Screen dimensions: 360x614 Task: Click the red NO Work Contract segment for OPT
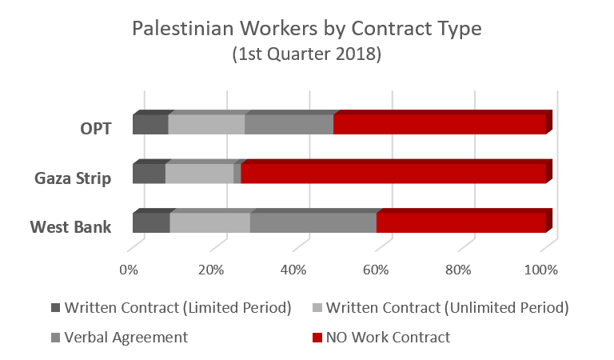click(x=440, y=124)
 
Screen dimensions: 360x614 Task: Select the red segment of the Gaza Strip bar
click(x=393, y=173)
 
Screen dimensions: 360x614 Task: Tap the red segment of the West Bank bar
click(x=460, y=222)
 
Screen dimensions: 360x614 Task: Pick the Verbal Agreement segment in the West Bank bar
click(x=313, y=222)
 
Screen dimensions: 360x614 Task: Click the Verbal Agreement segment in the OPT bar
click(x=289, y=124)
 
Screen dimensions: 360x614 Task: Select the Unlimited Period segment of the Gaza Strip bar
click(x=199, y=173)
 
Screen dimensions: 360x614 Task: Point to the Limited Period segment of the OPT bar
click(x=150, y=124)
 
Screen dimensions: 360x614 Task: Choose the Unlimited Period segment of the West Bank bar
click(x=210, y=222)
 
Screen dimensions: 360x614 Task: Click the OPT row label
click(x=96, y=127)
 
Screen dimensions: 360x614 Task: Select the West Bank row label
click(x=71, y=226)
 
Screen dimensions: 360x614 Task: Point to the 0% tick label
click(x=129, y=270)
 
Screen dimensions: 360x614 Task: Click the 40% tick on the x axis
click(x=294, y=270)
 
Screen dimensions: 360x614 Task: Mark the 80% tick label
click(x=459, y=270)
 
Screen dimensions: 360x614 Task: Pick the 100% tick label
click(x=541, y=270)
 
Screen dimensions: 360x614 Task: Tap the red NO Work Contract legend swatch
click(x=318, y=338)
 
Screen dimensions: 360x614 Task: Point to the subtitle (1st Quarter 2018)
click(x=306, y=58)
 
